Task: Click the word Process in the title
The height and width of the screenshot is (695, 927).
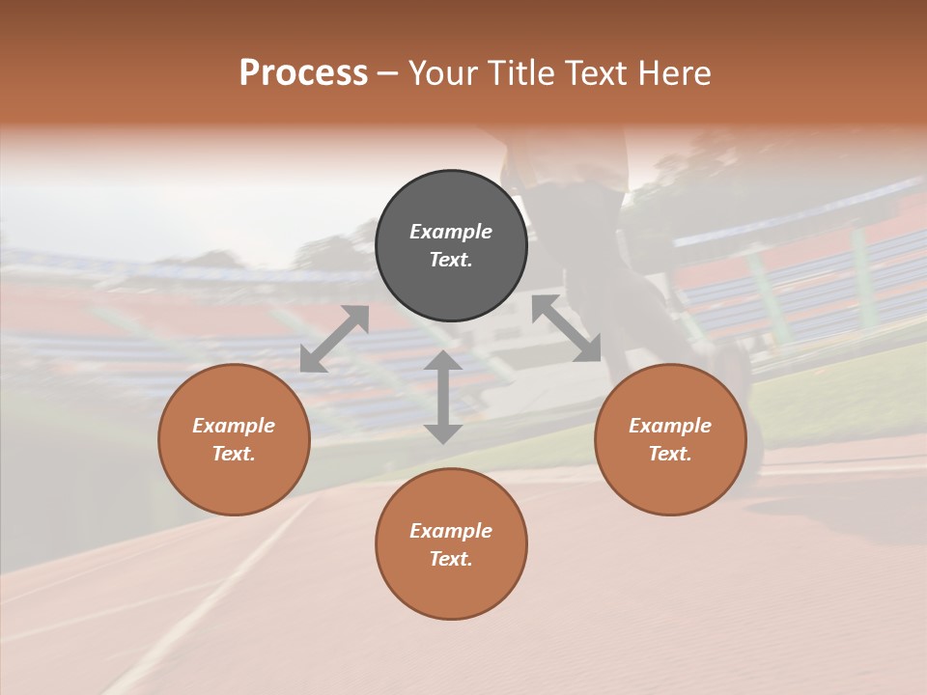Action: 303,73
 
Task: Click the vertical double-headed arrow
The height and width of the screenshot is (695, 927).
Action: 443,397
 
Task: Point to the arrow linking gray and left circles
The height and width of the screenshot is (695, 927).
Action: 334,339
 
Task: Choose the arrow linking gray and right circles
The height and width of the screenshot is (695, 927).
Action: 567,328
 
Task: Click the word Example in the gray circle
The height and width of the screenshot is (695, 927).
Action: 451,232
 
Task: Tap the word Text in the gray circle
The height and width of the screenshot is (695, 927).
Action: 451,260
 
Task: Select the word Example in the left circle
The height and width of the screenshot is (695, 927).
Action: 234,426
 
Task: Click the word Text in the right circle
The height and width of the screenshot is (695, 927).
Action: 670,454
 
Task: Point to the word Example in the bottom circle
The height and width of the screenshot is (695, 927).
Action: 451,531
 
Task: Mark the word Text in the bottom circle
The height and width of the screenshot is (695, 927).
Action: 451,559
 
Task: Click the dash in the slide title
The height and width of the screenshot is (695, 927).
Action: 388,73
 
